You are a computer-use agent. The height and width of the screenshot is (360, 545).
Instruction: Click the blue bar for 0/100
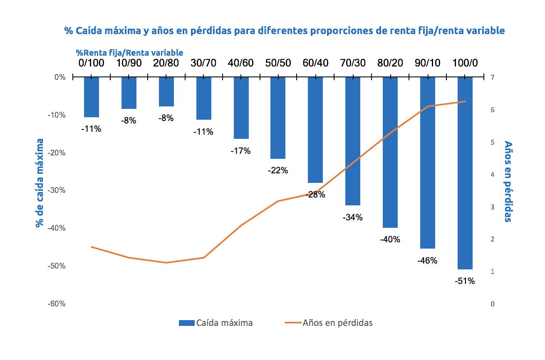pyautogui.click(x=92, y=97)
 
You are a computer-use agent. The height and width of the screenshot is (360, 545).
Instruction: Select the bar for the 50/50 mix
pyautogui.click(x=278, y=118)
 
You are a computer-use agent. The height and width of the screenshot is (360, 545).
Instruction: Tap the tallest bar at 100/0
pyautogui.click(x=465, y=173)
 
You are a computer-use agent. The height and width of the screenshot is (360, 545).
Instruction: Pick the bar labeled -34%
pyautogui.click(x=353, y=141)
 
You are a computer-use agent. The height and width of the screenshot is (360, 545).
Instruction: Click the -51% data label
pyautogui.click(x=465, y=281)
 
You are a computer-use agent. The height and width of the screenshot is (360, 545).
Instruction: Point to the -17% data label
pyautogui.click(x=240, y=151)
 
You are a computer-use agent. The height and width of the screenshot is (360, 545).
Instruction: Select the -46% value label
pyautogui.click(x=427, y=261)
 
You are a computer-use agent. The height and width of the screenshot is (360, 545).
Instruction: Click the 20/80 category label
pyautogui.click(x=166, y=63)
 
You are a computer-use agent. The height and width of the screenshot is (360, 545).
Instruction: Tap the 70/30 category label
pyautogui.click(x=353, y=63)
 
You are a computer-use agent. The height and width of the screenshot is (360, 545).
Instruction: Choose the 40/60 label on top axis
pyautogui.click(x=240, y=63)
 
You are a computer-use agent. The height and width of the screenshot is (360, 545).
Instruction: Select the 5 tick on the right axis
pyautogui.click(x=493, y=142)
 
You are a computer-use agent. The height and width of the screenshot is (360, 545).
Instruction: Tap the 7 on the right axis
pyautogui.click(x=493, y=77)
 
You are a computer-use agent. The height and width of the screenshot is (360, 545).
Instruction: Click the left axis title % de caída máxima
pyautogui.click(x=40, y=183)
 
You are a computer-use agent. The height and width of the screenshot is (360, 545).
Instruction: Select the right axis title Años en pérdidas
pyautogui.click(x=508, y=181)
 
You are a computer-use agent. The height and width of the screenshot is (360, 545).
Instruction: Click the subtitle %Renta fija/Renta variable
pyautogui.click(x=129, y=53)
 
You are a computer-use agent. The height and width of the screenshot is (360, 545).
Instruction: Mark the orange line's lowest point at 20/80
pyautogui.click(x=166, y=263)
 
